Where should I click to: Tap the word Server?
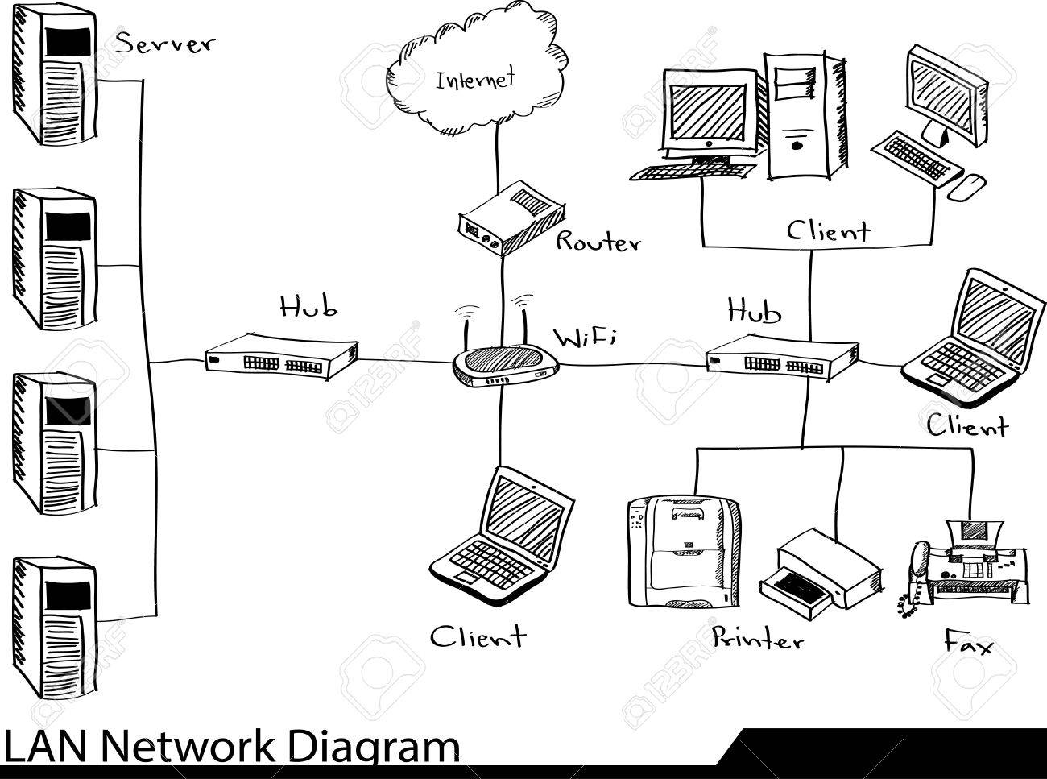point(164,42)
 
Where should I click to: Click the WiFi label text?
point(585,338)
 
